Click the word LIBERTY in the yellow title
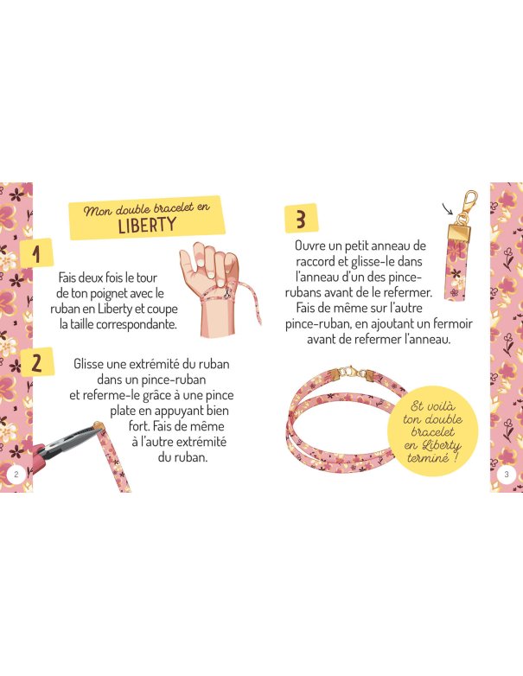click(x=147, y=225)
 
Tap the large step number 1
click(x=36, y=253)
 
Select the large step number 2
click(x=36, y=363)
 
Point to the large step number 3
click(x=301, y=218)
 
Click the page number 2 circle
click(x=16, y=475)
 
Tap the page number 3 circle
click(x=507, y=475)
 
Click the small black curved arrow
click(x=449, y=209)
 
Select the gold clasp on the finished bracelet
click(x=348, y=372)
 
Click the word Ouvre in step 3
click(x=310, y=246)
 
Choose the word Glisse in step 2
click(x=88, y=364)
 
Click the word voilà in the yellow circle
click(x=439, y=405)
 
